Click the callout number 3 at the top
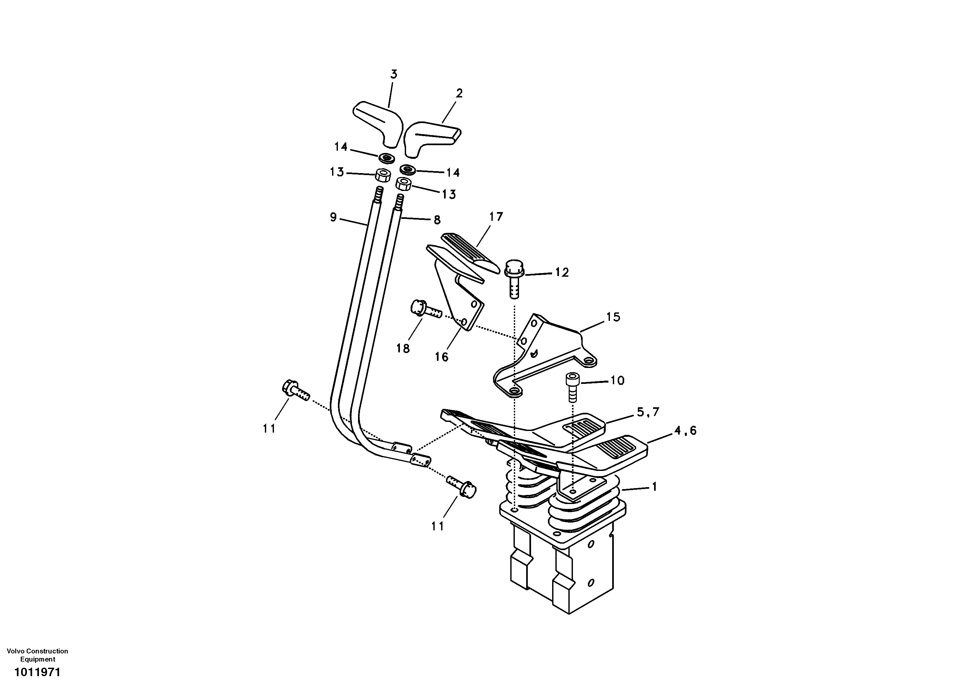pyautogui.click(x=393, y=74)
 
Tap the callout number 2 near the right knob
pyautogui.click(x=459, y=93)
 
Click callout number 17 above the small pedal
pyautogui.click(x=496, y=217)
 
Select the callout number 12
pyautogui.click(x=562, y=272)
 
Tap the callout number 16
pyautogui.click(x=441, y=357)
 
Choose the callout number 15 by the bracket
pyautogui.click(x=613, y=317)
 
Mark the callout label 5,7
pyautogui.click(x=648, y=412)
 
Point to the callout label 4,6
pyautogui.click(x=685, y=431)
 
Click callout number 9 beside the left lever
pyautogui.click(x=333, y=217)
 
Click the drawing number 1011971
pyautogui.click(x=37, y=672)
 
